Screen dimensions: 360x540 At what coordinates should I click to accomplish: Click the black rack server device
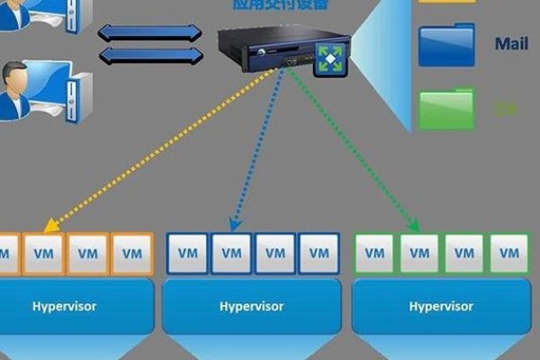270,49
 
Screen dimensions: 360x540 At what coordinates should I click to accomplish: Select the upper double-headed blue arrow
149,33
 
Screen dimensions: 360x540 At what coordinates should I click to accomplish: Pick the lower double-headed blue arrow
149,56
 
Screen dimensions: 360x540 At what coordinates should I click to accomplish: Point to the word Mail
510,43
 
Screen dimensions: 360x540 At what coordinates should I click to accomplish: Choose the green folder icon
446,108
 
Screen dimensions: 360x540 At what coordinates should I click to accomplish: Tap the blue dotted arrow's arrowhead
234,225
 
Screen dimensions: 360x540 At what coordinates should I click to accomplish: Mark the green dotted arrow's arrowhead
416,226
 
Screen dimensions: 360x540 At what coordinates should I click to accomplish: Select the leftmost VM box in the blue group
187,254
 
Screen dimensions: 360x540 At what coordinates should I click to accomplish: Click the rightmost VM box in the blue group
319,254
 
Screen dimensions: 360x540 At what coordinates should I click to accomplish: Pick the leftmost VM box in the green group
377,254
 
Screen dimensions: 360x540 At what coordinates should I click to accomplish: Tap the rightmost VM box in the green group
508,254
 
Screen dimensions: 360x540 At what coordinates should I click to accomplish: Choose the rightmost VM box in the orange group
132,254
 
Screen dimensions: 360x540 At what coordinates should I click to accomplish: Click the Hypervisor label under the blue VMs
251,306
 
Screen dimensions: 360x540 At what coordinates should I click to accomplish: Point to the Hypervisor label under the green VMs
441,306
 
